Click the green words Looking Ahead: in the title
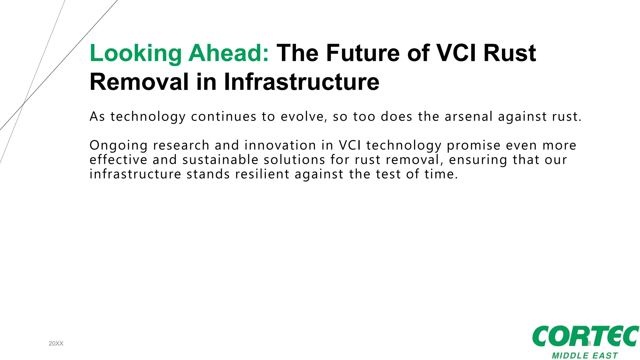tap(179, 53)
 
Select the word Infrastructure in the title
tap(302, 82)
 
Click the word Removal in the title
tap(139, 82)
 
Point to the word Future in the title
tap(363, 53)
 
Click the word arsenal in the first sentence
tap(468, 117)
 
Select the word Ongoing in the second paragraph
tap(118, 146)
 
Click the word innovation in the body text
tap(280, 145)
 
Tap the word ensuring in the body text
tap(478, 160)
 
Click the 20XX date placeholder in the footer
tap(56, 343)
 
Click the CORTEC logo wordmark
tap(585, 336)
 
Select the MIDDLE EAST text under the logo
tap(585, 356)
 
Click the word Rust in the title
tap(510, 53)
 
